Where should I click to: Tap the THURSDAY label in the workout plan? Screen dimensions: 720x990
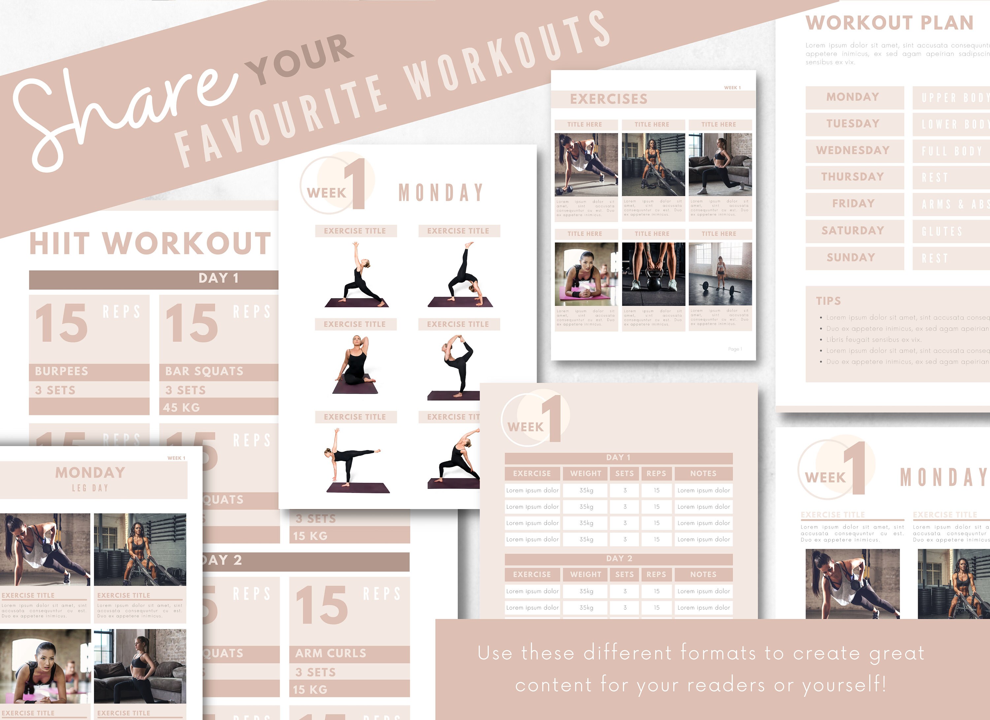coord(852,177)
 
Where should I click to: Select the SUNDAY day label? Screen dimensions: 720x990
coord(851,257)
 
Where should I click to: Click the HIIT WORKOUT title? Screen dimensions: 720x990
coord(150,244)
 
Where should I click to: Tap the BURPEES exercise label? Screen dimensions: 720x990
coord(62,371)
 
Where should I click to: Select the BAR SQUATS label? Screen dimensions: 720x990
coord(204,371)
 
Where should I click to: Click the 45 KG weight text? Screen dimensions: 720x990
coord(181,408)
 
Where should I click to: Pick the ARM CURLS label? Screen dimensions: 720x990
coord(330,653)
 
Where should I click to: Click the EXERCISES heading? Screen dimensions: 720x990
coord(609,99)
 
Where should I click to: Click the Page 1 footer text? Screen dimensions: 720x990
coord(735,349)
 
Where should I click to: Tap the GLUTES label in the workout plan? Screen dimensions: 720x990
coord(941,231)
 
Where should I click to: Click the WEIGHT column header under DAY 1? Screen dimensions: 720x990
coord(585,474)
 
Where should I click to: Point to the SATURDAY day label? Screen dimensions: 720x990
coord(852,230)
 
